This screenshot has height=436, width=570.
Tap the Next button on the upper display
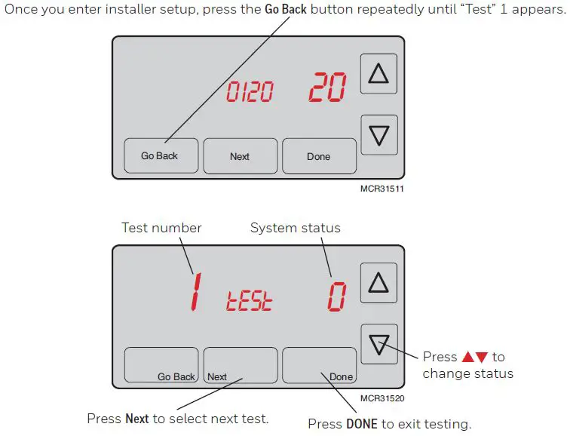click(x=240, y=155)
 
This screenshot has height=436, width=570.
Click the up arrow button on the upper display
click(x=378, y=73)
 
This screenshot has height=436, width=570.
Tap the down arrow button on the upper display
click(x=378, y=134)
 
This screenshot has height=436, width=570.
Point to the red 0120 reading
click(x=250, y=92)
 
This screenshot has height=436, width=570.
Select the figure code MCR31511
click(x=382, y=189)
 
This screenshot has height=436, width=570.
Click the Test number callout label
click(x=161, y=228)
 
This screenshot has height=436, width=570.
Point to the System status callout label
click(x=295, y=228)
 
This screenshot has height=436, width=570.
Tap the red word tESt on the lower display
click(x=250, y=300)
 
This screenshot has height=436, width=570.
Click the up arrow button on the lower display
click(x=378, y=283)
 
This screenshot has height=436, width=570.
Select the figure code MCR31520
click(x=382, y=398)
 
